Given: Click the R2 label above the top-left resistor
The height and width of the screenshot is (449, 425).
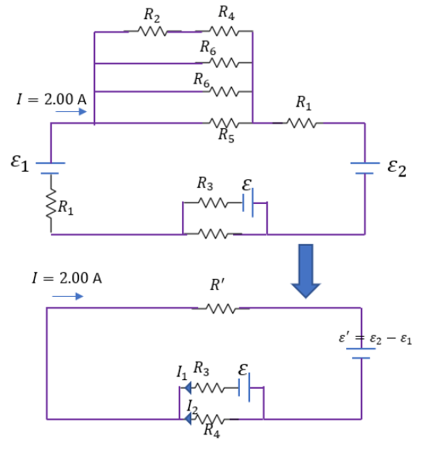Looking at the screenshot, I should click(152, 15).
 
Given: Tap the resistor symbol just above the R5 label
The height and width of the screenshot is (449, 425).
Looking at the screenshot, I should click(224, 123).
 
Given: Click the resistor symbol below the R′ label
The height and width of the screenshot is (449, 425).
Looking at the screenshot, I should click(220, 309).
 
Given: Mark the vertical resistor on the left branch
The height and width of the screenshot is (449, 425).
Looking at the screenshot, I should click(51, 204).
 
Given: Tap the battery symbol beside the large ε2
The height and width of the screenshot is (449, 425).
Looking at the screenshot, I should click(365, 168).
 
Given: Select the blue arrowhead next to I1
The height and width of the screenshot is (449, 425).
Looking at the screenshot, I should click(188, 387).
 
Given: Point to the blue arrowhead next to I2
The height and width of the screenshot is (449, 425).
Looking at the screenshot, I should click(188, 419).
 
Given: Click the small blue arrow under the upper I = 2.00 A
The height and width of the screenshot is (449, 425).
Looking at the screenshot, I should click(71, 112).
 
